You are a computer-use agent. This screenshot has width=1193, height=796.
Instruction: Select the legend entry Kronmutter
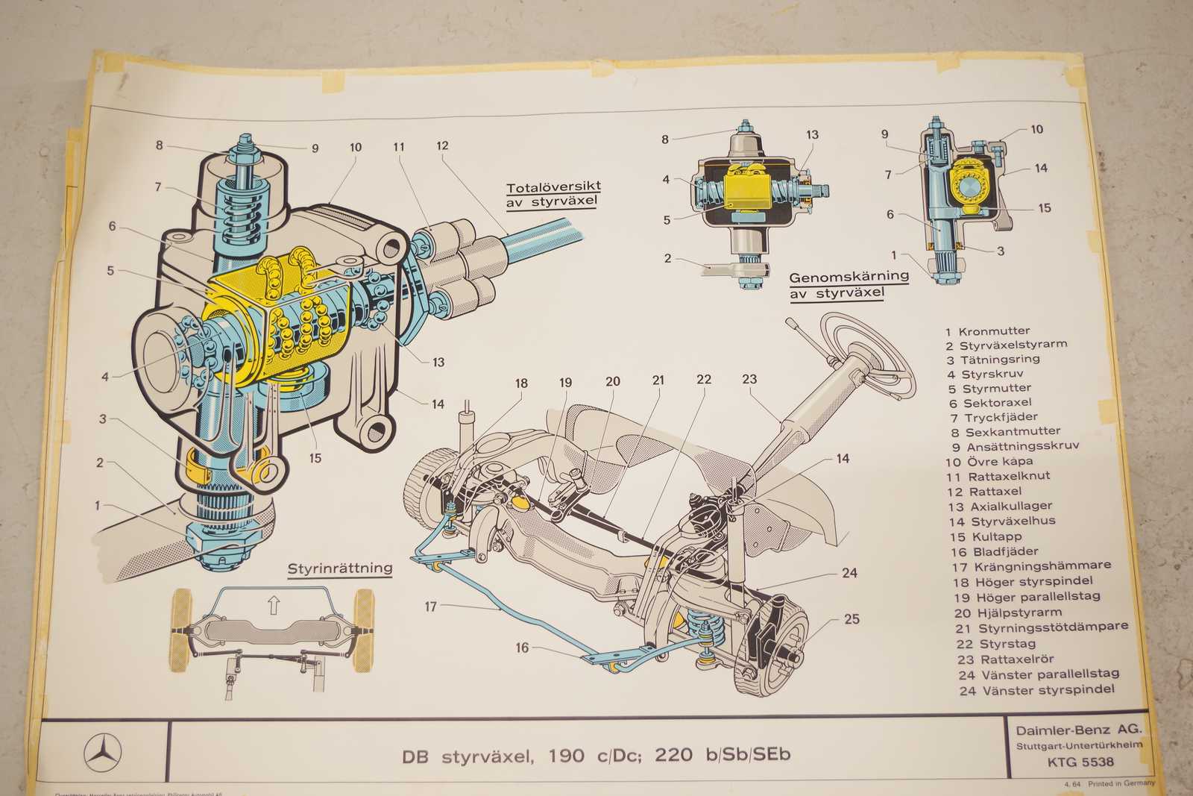994,330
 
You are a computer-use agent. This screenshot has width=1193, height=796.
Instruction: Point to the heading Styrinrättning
340,568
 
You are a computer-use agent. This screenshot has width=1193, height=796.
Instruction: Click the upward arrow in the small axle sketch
273,605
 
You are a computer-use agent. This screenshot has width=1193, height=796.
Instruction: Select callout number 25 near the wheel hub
852,618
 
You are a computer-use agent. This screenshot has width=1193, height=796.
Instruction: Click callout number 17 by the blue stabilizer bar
430,607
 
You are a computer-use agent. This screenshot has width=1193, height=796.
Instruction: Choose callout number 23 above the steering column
749,379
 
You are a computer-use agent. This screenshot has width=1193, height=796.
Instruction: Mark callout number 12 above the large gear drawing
442,145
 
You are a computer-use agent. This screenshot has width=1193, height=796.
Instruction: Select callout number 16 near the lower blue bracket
522,648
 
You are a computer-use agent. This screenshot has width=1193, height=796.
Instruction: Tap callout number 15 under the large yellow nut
315,457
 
